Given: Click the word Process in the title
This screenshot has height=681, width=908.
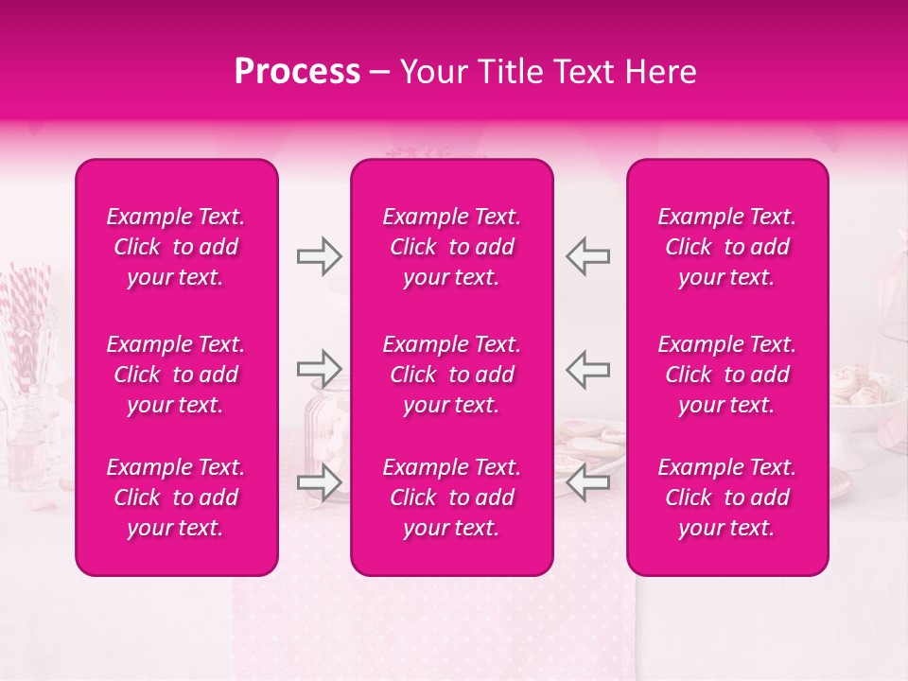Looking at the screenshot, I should [297, 72].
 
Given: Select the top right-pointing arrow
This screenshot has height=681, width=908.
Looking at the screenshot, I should [320, 256].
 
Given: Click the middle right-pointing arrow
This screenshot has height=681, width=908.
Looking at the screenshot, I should [320, 368].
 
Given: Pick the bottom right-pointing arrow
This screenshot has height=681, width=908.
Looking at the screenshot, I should [320, 482].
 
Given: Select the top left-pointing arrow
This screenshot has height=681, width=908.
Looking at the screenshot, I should [588, 256].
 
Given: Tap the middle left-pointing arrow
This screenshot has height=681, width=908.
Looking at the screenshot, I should [588, 368].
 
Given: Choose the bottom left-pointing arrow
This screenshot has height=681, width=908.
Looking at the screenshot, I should [588, 482].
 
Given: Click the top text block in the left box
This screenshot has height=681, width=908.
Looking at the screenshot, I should [176, 247].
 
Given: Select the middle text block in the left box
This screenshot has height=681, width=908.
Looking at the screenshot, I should [176, 375].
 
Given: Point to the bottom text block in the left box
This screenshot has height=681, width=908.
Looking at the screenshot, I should [176, 498].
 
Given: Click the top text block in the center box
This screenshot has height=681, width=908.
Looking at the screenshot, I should [452, 247].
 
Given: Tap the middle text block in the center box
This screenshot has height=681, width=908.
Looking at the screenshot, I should [452, 375].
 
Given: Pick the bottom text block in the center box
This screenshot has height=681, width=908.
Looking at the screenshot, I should [452, 498].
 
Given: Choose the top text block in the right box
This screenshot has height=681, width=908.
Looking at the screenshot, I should [727, 247].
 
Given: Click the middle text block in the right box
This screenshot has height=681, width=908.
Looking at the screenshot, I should [727, 375].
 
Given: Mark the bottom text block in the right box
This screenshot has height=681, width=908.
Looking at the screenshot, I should [727, 498].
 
